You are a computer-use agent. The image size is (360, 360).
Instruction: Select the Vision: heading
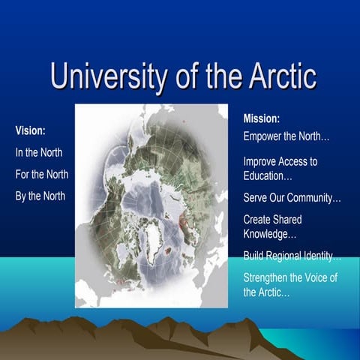[31, 130]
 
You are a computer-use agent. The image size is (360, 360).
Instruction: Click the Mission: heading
[262, 118]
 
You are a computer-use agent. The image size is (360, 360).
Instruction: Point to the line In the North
[39, 152]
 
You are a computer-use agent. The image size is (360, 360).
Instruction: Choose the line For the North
[42, 175]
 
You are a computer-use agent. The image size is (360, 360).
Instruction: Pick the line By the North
[40, 196]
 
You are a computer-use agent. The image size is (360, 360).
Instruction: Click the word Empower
[265, 137]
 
